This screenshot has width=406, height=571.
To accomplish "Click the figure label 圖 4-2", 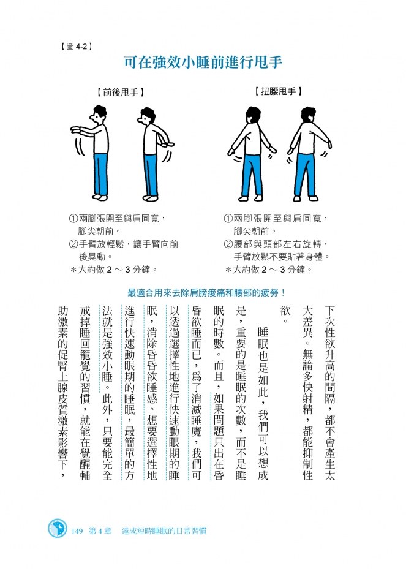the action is [76, 46].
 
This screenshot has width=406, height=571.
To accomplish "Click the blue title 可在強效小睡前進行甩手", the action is [203, 62].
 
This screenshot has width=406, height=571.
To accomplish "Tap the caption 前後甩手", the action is [121, 92].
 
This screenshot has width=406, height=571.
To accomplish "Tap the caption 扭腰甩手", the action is [278, 91].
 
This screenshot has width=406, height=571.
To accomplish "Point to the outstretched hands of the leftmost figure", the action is [75, 129].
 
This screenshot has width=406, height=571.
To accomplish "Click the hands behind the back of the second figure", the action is [168, 144].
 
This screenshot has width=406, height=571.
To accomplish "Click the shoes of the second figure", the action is [150, 198].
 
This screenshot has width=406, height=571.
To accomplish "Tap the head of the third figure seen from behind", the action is [253, 116].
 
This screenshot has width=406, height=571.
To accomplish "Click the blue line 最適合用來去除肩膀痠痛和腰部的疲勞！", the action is [206, 292].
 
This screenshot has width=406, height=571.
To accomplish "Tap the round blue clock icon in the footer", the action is [58, 529].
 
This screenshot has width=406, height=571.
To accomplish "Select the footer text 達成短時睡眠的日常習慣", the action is [164, 531].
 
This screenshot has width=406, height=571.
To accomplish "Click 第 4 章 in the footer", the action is [100, 531].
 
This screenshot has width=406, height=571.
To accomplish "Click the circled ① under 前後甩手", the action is [73, 219].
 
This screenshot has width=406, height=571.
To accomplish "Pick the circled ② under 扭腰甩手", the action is [228, 244].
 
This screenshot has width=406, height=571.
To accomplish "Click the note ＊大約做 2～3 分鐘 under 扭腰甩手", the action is [268, 270].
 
